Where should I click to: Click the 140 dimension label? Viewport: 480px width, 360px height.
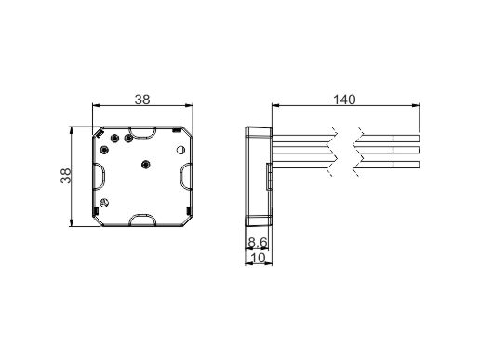click(344, 100)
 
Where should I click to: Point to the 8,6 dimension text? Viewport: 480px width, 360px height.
click(258, 242)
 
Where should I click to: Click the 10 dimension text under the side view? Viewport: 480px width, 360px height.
click(258, 258)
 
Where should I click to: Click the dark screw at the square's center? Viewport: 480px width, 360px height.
click(145, 165)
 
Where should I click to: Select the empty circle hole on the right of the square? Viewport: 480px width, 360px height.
click(180, 150)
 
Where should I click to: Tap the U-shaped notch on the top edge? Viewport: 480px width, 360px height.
click(141, 133)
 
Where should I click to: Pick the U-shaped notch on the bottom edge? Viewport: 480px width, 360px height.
click(141, 220)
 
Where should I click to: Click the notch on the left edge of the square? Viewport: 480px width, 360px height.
click(100, 176)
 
